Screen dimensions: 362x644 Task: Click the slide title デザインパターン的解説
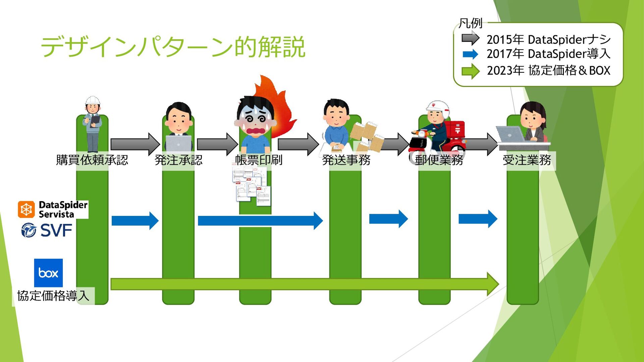pos(173,47)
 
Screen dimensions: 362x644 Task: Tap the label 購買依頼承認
pos(92,160)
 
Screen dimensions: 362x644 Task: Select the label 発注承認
pos(178,160)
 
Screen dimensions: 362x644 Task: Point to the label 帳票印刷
pos(259,160)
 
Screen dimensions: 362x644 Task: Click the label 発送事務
pos(346,160)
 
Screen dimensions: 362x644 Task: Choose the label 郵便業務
pos(439,160)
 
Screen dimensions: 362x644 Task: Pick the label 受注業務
pos(527,160)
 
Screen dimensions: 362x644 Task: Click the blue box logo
pos(48,273)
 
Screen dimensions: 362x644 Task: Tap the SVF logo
pos(47,231)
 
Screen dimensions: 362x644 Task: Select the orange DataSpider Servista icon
pos(26,209)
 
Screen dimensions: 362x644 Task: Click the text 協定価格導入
pos(53,296)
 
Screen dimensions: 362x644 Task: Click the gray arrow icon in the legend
pos(470,39)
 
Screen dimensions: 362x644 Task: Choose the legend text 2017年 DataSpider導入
pos(548,54)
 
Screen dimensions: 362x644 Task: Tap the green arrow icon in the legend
pos(470,71)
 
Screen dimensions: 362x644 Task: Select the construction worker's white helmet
pos(93,100)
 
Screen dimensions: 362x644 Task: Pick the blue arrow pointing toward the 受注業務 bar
pos(478,219)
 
